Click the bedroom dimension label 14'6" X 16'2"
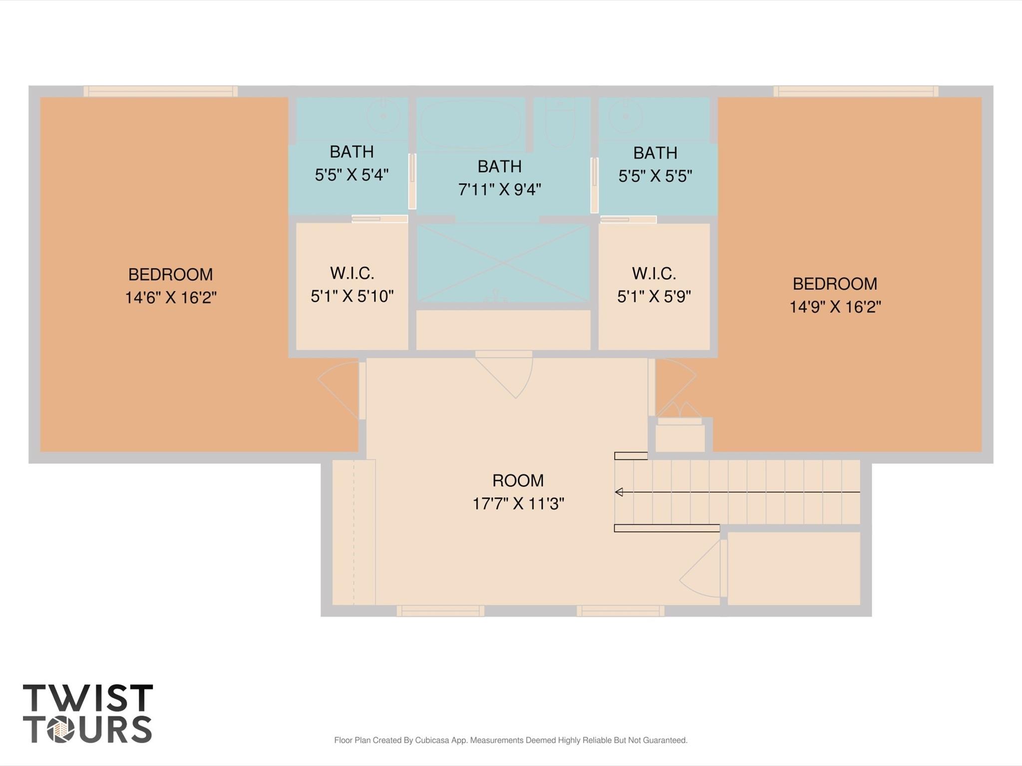[x=171, y=298]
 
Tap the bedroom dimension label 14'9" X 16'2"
[x=835, y=307]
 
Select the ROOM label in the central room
[x=518, y=481]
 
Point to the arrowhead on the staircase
[x=619, y=492]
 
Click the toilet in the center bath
[x=560, y=122]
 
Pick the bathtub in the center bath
[x=470, y=123]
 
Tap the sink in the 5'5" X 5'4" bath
[x=383, y=115]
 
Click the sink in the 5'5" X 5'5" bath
[x=625, y=115]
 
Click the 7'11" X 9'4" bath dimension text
[x=500, y=190]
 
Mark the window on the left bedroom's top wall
[x=160, y=91]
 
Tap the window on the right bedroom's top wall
[x=856, y=91]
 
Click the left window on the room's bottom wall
[x=440, y=611]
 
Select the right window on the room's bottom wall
[x=620, y=611]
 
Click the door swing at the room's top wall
[x=504, y=375]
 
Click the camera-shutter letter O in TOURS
[x=61, y=730]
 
